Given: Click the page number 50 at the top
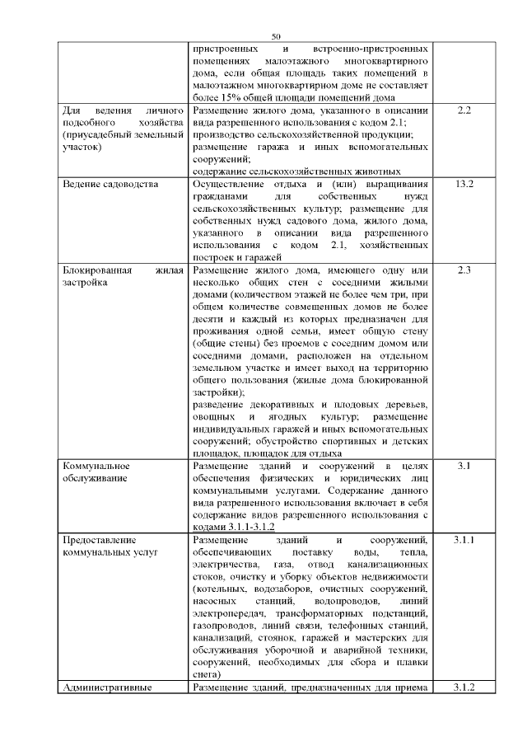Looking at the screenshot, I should click(275, 36).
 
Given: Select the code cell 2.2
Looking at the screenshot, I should click(463, 110).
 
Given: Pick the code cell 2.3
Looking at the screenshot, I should click(463, 270).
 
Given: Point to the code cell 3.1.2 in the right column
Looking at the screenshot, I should click(463, 687).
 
